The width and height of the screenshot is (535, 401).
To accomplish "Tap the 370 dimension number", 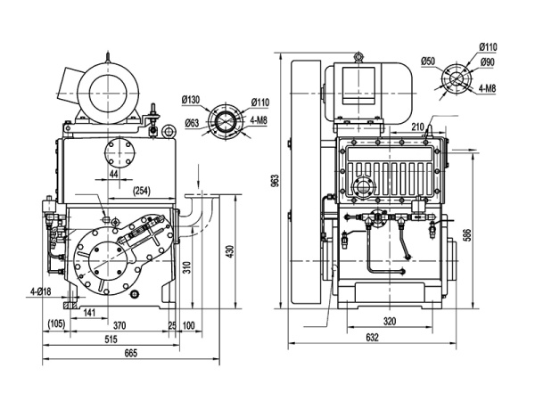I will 120,326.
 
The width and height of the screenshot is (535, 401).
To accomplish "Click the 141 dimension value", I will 89,311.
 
